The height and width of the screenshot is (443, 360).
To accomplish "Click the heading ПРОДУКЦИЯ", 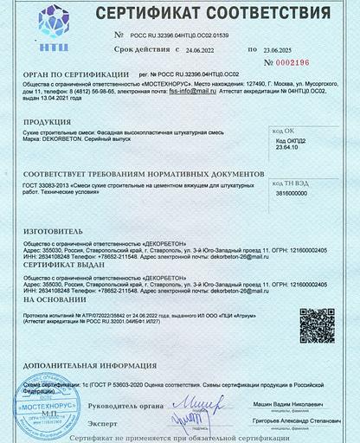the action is (x=48, y=122).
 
